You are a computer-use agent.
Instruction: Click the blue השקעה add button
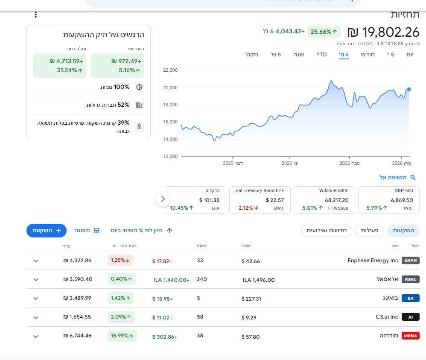47,231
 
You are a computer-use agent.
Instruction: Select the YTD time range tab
321,55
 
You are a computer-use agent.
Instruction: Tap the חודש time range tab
368,55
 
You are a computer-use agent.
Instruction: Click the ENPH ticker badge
411,260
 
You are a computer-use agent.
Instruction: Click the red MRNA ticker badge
411,336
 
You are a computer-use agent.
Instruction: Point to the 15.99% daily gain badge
122,336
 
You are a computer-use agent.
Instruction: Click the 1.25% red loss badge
120,260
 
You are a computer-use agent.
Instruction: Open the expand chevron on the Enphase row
36,261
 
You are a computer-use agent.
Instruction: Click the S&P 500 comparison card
389,200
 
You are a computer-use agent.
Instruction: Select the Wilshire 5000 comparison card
324,200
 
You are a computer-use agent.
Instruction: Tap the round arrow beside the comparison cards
163,199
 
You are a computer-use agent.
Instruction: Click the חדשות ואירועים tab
327,231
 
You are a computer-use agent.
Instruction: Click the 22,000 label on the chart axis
170,70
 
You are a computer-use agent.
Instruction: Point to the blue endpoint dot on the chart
409,89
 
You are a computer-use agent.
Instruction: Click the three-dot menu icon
35,15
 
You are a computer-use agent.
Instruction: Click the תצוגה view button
87,231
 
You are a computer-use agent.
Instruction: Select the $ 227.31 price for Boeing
251,299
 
